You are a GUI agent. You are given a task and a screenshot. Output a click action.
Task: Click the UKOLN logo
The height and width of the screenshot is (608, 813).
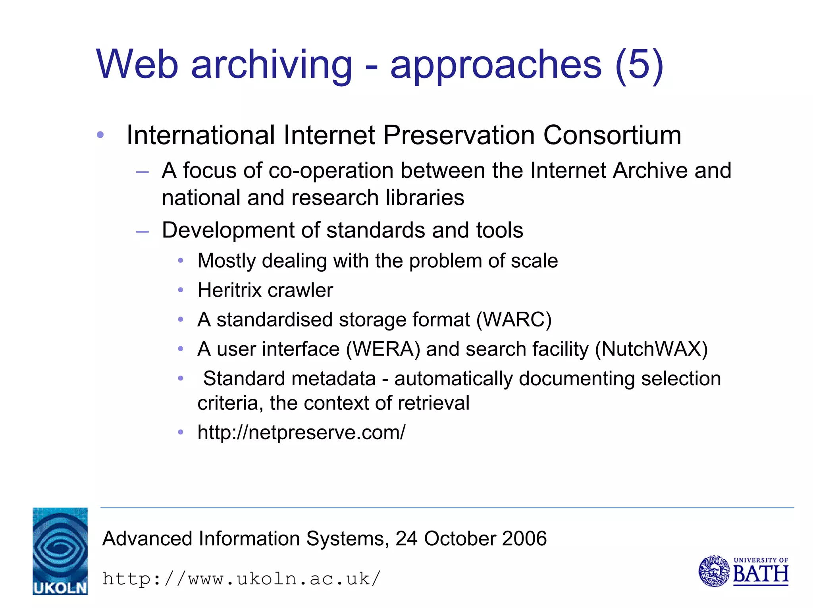coord(60,551)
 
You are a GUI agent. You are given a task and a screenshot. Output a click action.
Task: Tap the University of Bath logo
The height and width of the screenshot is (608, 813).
coord(743,571)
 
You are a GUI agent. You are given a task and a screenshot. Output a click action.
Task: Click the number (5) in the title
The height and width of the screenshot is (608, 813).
coord(639,65)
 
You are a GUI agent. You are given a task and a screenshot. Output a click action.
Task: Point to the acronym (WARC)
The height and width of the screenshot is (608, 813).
coord(514,320)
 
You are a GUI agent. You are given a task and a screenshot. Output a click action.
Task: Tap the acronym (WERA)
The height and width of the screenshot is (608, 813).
coord(383,349)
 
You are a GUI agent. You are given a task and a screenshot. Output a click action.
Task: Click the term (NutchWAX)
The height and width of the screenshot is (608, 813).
coord(651,349)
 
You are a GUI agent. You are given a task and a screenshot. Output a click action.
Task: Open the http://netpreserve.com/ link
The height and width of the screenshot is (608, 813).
coord(301,432)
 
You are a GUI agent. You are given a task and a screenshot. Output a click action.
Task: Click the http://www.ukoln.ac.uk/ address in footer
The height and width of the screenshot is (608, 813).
coord(241,579)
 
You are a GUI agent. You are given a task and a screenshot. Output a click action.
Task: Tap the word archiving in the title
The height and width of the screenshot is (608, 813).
coord(272,65)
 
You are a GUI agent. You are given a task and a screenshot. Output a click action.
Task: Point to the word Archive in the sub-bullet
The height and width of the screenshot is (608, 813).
coord(649,171)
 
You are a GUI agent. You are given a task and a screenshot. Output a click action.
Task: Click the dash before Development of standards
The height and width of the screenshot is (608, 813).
coord(142,231)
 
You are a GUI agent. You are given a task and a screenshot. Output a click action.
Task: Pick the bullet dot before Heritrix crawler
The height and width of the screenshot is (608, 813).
coord(181,290)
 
